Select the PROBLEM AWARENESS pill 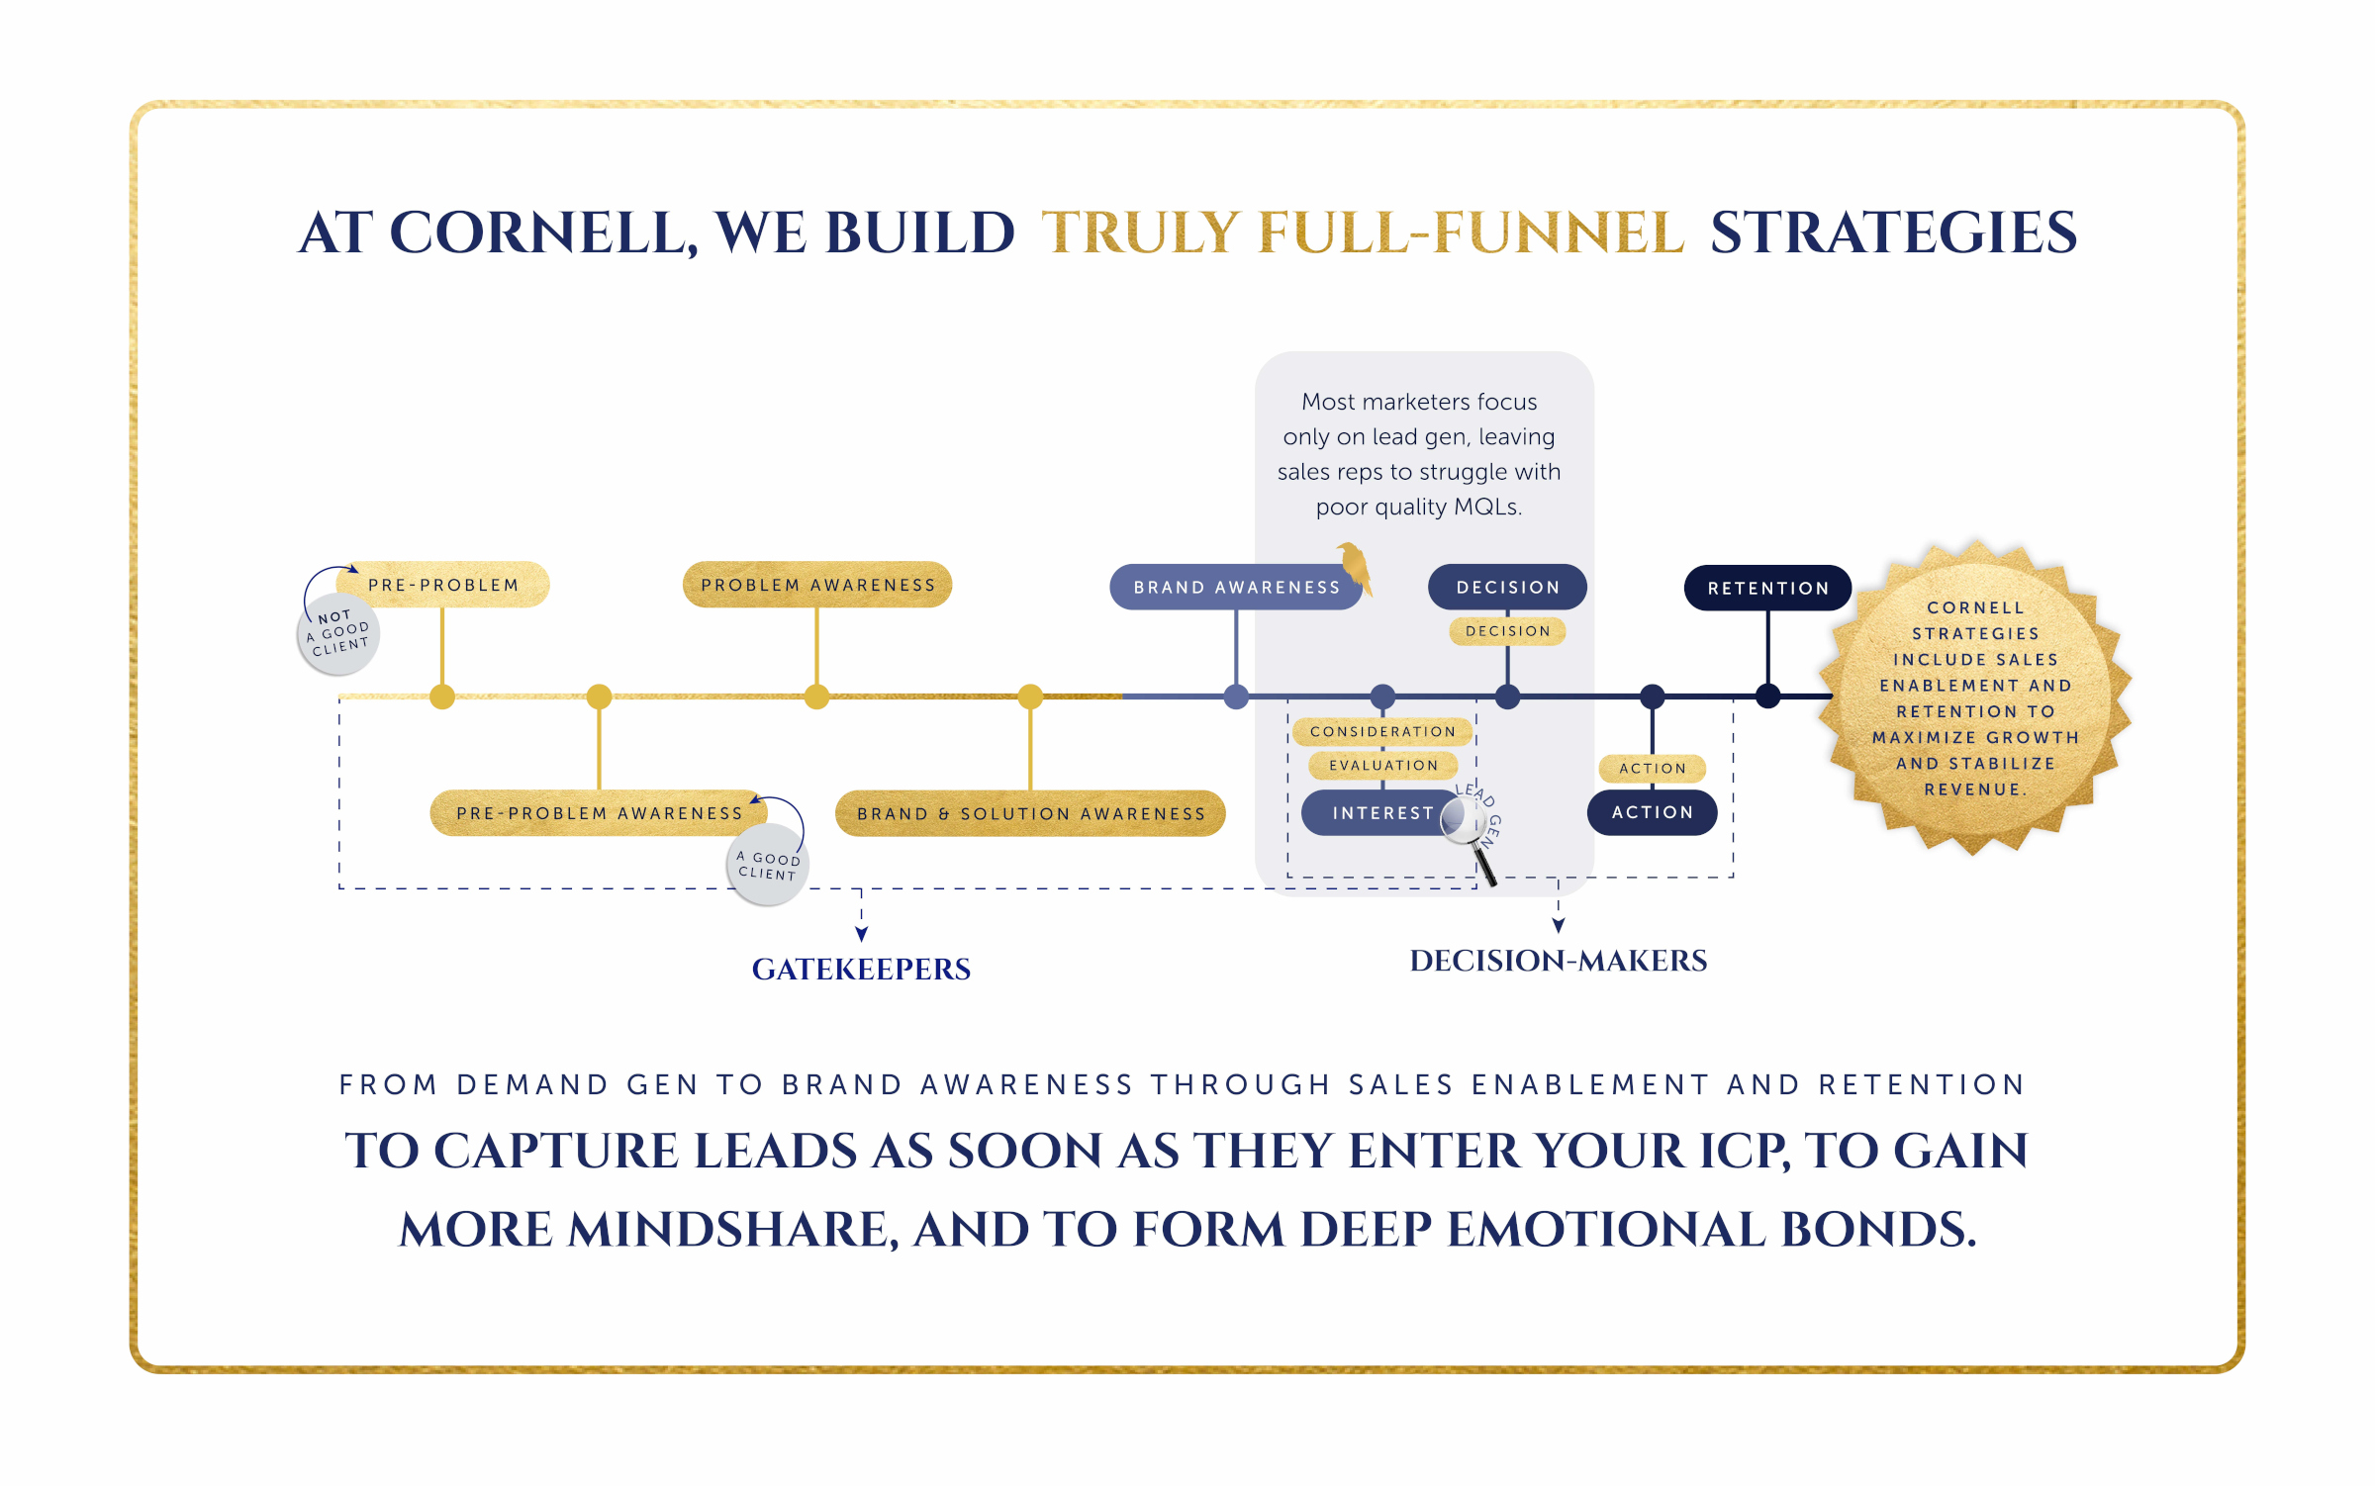[817, 585]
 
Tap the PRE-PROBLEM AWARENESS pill [599, 813]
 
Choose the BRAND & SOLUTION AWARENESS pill [1030, 813]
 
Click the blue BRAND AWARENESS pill [1235, 588]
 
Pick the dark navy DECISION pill [1507, 588]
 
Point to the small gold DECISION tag [1507, 631]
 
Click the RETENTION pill [1767, 589]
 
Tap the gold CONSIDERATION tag [1382, 732]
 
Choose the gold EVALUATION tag [1382, 766]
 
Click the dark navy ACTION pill [1652, 812]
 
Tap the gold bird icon [1356, 568]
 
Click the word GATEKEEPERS [861, 970]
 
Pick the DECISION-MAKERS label [1558, 961]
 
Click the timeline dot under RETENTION [1768, 697]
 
